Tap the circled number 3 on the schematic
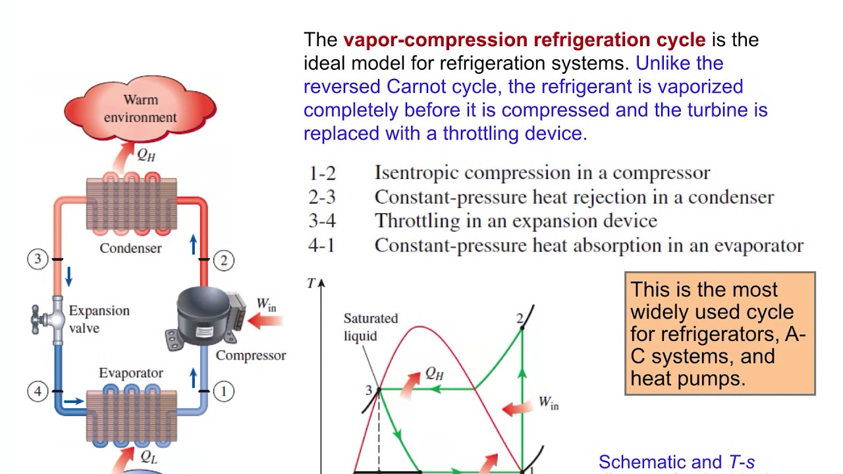38,259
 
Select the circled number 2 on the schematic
224,260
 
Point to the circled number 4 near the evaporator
38,392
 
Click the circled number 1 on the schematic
224,392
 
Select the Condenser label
130,248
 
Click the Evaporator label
130,373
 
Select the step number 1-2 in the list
322,173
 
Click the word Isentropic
418,173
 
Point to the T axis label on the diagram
311,283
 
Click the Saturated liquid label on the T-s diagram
370,327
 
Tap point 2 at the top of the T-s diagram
520,319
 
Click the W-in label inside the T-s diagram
548,402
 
